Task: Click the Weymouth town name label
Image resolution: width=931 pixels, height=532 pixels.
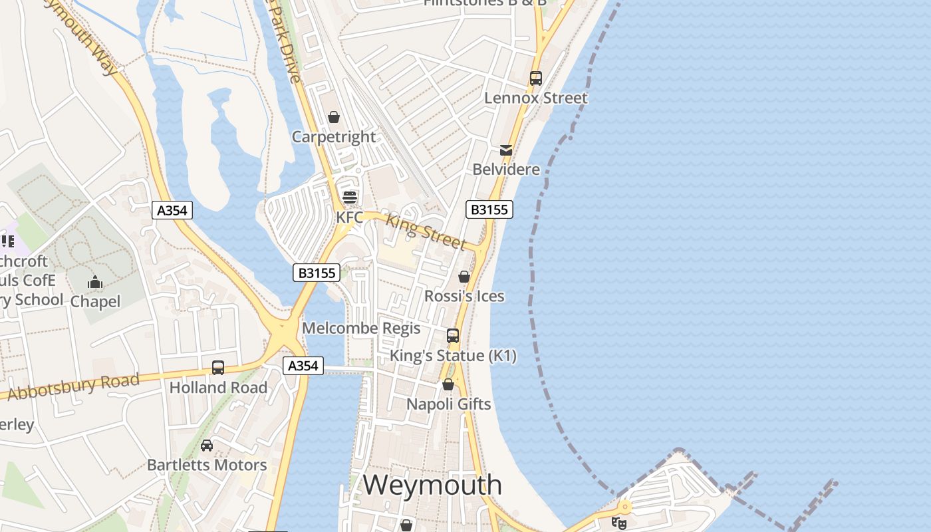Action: tap(432, 485)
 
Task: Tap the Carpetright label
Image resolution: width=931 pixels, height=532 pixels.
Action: tap(334, 137)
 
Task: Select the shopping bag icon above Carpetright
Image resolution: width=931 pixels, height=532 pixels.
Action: tap(334, 118)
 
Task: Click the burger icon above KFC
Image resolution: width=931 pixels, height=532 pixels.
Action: tap(350, 197)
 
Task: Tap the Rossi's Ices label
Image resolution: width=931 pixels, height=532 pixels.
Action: tap(464, 296)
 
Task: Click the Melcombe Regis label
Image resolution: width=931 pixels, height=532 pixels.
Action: tap(361, 328)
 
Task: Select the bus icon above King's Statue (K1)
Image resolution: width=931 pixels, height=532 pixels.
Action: tap(453, 336)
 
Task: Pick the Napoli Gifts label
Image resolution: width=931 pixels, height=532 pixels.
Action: tap(449, 404)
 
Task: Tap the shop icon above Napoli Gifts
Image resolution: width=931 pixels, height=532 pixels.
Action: tap(448, 384)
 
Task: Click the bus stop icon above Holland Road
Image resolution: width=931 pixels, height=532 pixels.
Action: tap(217, 367)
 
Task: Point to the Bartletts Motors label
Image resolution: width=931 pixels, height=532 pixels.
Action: tap(207, 465)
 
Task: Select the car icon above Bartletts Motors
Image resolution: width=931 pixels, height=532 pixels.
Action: tap(207, 445)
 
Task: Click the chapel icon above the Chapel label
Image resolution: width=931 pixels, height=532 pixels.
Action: tap(95, 283)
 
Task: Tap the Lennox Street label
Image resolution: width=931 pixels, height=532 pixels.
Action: tap(536, 98)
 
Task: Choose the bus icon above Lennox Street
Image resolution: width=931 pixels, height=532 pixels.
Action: tap(536, 78)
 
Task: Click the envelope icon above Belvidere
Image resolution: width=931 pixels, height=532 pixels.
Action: tap(506, 150)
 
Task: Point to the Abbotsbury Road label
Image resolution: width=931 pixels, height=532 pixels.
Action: tap(73, 386)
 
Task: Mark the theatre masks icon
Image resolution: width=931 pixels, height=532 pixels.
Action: tap(619, 523)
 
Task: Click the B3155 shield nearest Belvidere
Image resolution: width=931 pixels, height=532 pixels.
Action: tap(489, 209)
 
